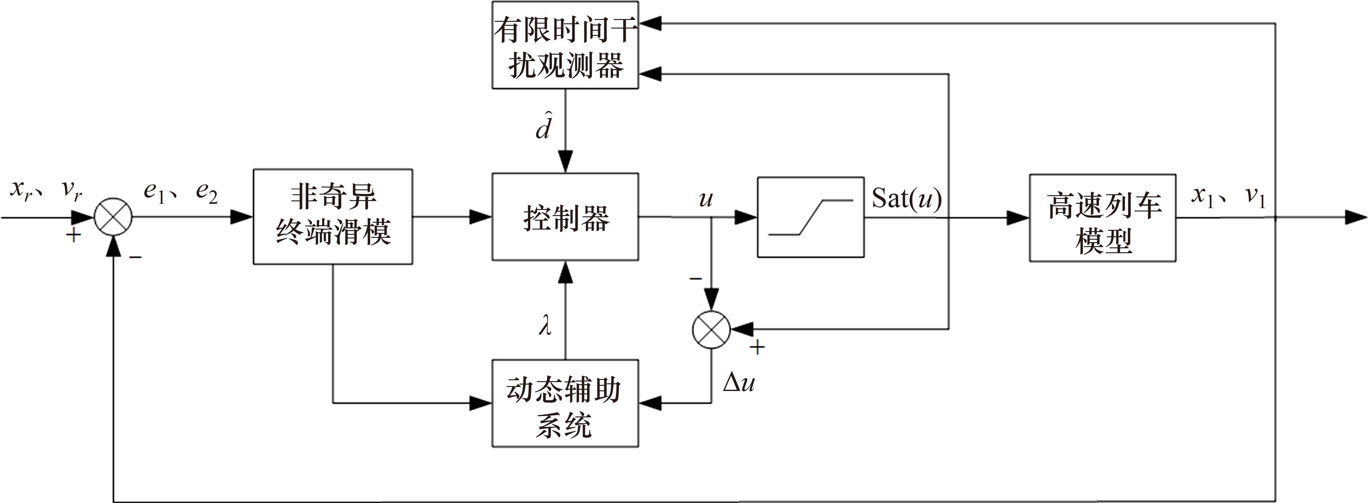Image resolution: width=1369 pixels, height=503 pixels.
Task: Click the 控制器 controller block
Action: pyautogui.click(x=565, y=217)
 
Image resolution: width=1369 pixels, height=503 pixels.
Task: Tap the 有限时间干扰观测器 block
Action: pyautogui.click(x=565, y=45)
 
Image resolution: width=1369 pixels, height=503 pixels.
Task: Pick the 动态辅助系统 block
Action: pyautogui.click(x=565, y=403)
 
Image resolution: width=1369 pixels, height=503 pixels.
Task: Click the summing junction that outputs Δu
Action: pyautogui.click(x=711, y=329)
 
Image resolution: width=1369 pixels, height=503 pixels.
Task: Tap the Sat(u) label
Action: pyautogui.click(x=907, y=199)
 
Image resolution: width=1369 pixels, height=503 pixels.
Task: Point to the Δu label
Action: pyautogui.click(x=739, y=382)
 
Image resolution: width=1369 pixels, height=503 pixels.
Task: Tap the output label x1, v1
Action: pyautogui.click(x=1228, y=196)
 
